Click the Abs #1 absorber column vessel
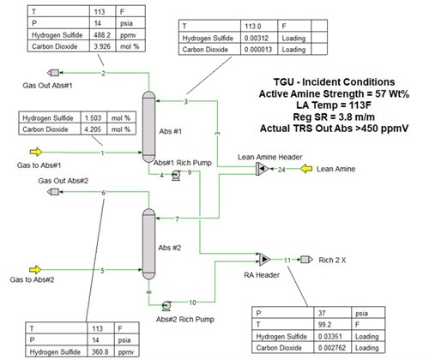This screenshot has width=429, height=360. coord(148,127)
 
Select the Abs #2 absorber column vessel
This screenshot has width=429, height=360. coord(148,243)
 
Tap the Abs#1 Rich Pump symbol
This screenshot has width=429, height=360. coord(176,175)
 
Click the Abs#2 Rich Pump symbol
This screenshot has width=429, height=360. coord(166,306)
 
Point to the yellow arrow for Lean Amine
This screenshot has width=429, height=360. coord(306,169)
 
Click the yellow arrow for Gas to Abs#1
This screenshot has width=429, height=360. coord(36,152)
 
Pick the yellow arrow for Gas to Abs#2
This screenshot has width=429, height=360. coord(35,269)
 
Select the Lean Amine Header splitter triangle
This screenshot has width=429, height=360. coord(263,169)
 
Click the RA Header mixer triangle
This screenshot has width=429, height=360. coord(264,259)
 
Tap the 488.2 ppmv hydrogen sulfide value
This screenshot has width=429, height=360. coord(102,35)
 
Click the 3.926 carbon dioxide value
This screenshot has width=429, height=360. coord(102,46)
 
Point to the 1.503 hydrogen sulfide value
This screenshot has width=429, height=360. coord(93,117)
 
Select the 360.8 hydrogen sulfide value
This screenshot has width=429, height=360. coord(100,351)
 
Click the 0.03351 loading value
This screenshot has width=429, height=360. coord(330,336)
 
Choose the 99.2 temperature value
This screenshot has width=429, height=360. coord(324,325)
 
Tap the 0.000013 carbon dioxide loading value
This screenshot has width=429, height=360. coord(258,50)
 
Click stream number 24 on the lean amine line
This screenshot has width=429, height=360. coord(281,170)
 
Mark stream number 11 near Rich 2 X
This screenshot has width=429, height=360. coord(287,260)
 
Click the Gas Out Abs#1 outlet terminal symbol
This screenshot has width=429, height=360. coord(53,73)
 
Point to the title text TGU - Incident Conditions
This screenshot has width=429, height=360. coord(334,82)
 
